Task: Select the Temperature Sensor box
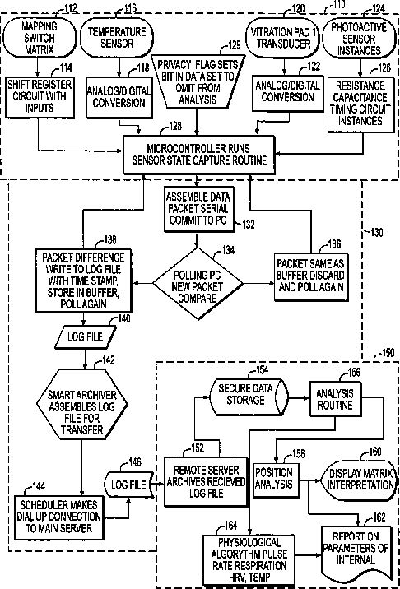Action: tap(117, 38)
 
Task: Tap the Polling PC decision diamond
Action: tap(198, 283)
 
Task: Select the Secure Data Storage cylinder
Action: tap(247, 397)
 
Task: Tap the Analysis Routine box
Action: tap(334, 398)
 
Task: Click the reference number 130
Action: tap(374, 233)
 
